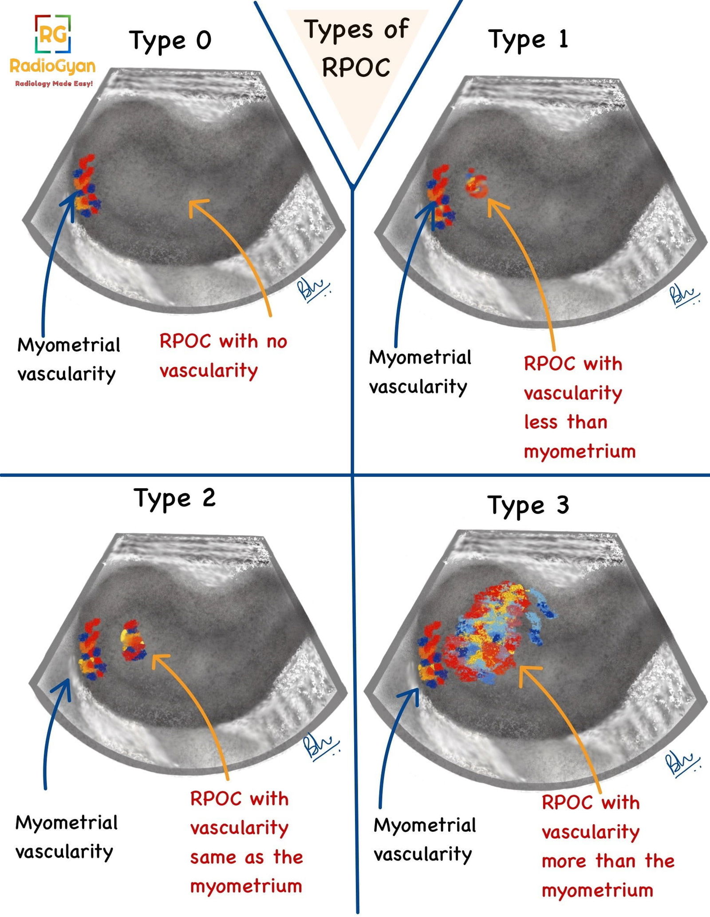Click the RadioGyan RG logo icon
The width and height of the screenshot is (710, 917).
[53, 34]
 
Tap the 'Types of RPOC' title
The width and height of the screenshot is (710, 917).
[356, 48]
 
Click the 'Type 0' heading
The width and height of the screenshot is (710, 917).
[170, 41]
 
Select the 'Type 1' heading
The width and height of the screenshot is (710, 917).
[528, 40]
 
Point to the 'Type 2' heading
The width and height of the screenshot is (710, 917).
[174, 498]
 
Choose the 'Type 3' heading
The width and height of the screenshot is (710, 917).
[528, 505]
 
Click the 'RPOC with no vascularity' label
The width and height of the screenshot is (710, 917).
[223, 356]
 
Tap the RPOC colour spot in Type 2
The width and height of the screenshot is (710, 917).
[133, 640]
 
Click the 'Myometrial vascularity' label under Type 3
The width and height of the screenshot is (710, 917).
[424, 839]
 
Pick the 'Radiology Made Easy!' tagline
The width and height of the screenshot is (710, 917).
[54, 83]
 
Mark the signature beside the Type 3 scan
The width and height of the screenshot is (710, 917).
[681, 763]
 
